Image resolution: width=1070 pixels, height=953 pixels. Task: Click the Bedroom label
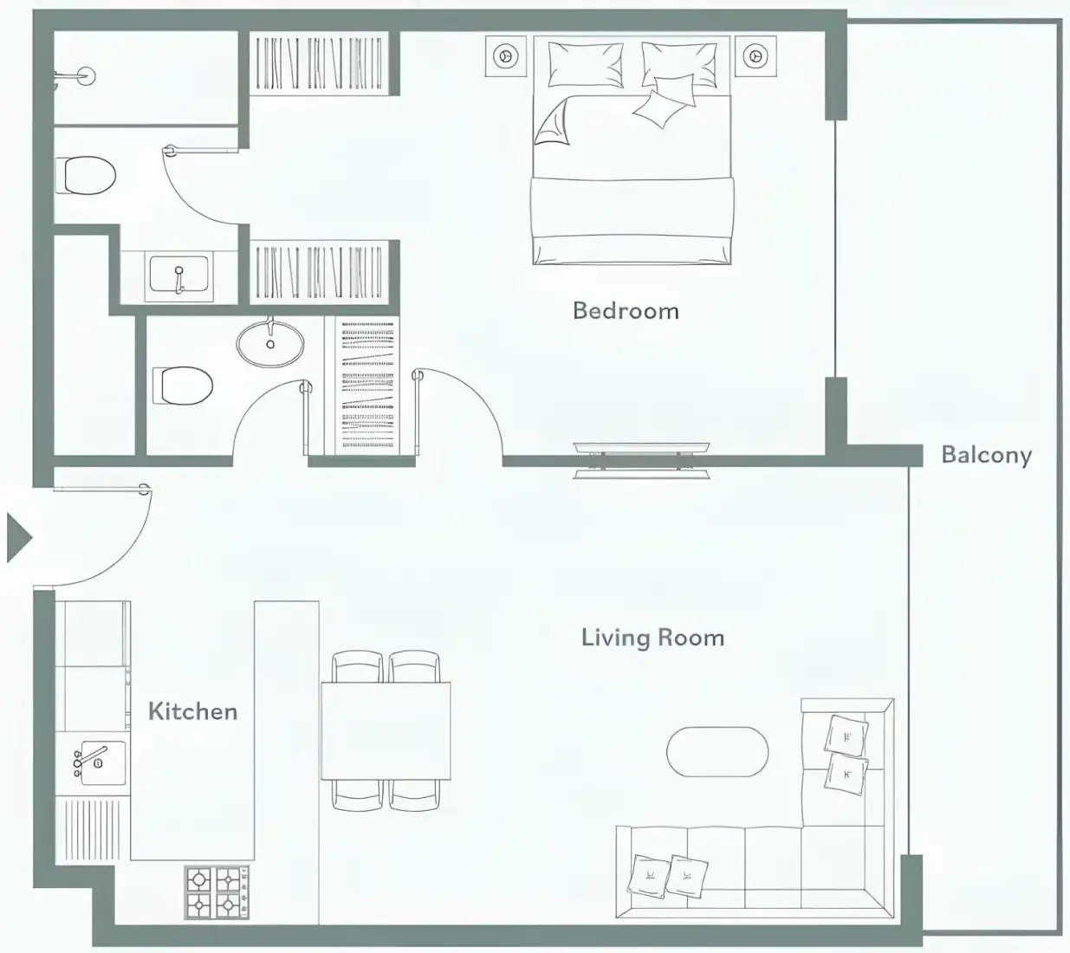626,311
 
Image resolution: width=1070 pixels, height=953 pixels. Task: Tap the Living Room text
652,639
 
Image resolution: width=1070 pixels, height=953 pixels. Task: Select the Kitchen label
192,711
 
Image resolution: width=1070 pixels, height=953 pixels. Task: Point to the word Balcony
987,456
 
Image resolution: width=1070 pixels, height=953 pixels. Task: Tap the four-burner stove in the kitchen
217,892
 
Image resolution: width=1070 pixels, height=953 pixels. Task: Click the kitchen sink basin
102,762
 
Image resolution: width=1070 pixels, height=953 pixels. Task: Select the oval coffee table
717,752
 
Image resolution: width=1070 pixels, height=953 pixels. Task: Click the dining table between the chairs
386,730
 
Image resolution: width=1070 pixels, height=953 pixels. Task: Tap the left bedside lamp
506,56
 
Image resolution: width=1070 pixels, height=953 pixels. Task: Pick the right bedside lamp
755,56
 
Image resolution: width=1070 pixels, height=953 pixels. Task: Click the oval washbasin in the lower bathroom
269,342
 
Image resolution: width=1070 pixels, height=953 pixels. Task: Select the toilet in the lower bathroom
183,386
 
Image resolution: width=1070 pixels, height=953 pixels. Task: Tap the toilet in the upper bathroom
86,175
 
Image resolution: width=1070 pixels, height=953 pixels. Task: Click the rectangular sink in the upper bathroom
178,276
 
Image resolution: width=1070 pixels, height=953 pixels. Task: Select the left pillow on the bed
585,64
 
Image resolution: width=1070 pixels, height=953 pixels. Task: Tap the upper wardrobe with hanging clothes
319,63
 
